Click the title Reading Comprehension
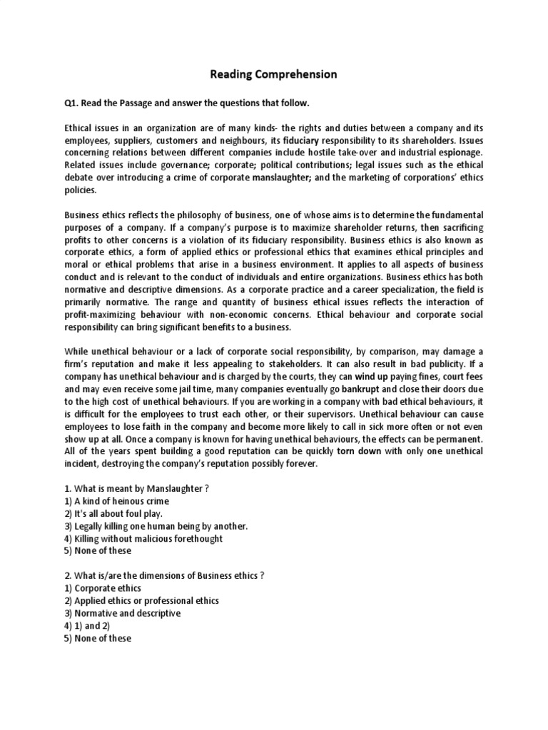click(273, 74)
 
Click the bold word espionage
click(462, 153)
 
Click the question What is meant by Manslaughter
click(136, 488)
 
